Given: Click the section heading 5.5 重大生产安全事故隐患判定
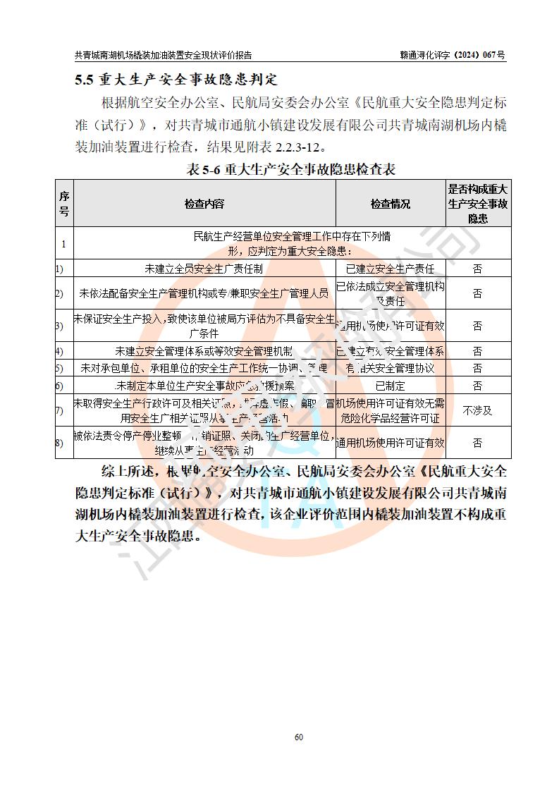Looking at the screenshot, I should pos(176,79).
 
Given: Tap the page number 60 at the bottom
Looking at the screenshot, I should pos(298,737).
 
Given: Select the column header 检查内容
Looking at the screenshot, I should pos(204,204).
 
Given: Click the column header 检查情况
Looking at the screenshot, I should pos(391,204).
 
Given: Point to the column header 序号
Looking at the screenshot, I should pos(64,204).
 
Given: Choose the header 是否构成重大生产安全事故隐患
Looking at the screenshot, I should pos(478,204).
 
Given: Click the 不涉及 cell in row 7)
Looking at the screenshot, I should pos(478,410).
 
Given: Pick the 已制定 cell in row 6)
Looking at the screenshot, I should pos(391,386).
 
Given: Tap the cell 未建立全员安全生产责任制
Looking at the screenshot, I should pos(204,269).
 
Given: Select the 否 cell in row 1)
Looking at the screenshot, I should pos(478,269).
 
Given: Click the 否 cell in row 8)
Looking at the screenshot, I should pos(478,443).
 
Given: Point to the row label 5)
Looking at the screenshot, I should pos(60,368).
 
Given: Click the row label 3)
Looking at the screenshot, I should pos(60,326).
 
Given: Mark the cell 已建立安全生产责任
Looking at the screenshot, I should pos(391,269).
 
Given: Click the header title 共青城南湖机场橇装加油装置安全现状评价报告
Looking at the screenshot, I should pos(163,55).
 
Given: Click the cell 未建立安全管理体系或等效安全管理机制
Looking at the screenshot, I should pos(204,351).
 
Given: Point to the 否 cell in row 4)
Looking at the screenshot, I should pos(478,351).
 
